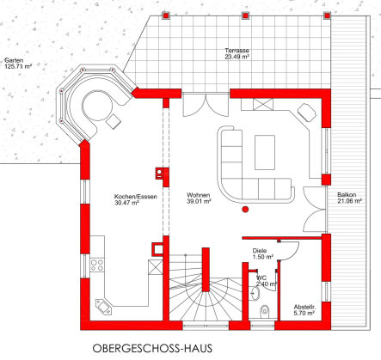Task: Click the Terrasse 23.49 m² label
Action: [237, 53]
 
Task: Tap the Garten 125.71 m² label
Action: [18, 64]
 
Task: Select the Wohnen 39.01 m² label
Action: [199, 198]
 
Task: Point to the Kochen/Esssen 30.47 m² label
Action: [135, 199]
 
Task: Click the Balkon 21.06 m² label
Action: [349, 198]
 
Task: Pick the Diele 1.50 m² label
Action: [262, 253]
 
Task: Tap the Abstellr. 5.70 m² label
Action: [304, 310]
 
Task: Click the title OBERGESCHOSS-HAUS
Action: [152, 349]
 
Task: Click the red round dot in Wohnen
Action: [245, 210]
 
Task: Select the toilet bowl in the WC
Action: [264, 310]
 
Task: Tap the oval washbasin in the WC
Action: [255, 294]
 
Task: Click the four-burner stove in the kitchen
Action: [97, 265]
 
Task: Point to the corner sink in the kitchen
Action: [103, 307]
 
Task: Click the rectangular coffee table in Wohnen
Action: [265, 152]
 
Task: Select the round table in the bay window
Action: [97, 106]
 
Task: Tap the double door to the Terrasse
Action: [206, 105]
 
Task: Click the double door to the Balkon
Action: [315, 209]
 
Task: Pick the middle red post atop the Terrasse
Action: [245, 15]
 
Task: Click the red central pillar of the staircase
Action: [206, 270]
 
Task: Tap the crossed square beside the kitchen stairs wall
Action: [156, 267]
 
